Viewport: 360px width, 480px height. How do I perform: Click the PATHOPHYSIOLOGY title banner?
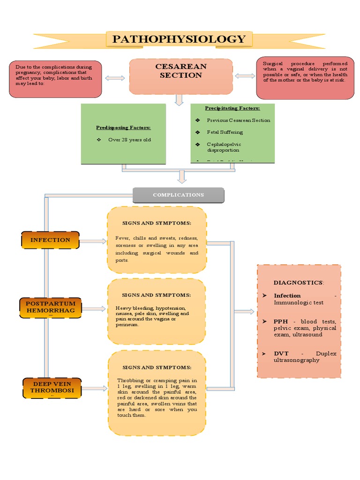click(x=179, y=39)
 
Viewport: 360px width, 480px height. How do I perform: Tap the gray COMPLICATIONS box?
click(x=178, y=195)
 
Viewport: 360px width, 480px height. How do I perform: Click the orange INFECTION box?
click(x=50, y=240)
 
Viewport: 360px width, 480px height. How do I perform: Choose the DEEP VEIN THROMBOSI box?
click(x=51, y=387)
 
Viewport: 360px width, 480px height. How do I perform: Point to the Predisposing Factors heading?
click(x=123, y=127)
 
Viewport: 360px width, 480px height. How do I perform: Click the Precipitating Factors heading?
click(x=232, y=108)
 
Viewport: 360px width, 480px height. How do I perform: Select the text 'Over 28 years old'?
click(x=130, y=140)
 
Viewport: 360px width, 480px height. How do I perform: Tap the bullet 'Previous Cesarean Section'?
click(x=238, y=120)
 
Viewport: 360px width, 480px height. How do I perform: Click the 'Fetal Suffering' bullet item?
click(x=225, y=133)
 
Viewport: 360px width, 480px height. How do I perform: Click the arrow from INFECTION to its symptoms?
click(x=93, y=241)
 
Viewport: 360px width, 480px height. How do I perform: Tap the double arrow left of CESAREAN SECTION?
click(x=115, y=78)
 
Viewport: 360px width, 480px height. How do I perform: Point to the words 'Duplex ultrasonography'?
click(x=305, y=357)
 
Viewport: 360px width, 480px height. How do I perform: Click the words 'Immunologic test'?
click(x=299, y=303)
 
